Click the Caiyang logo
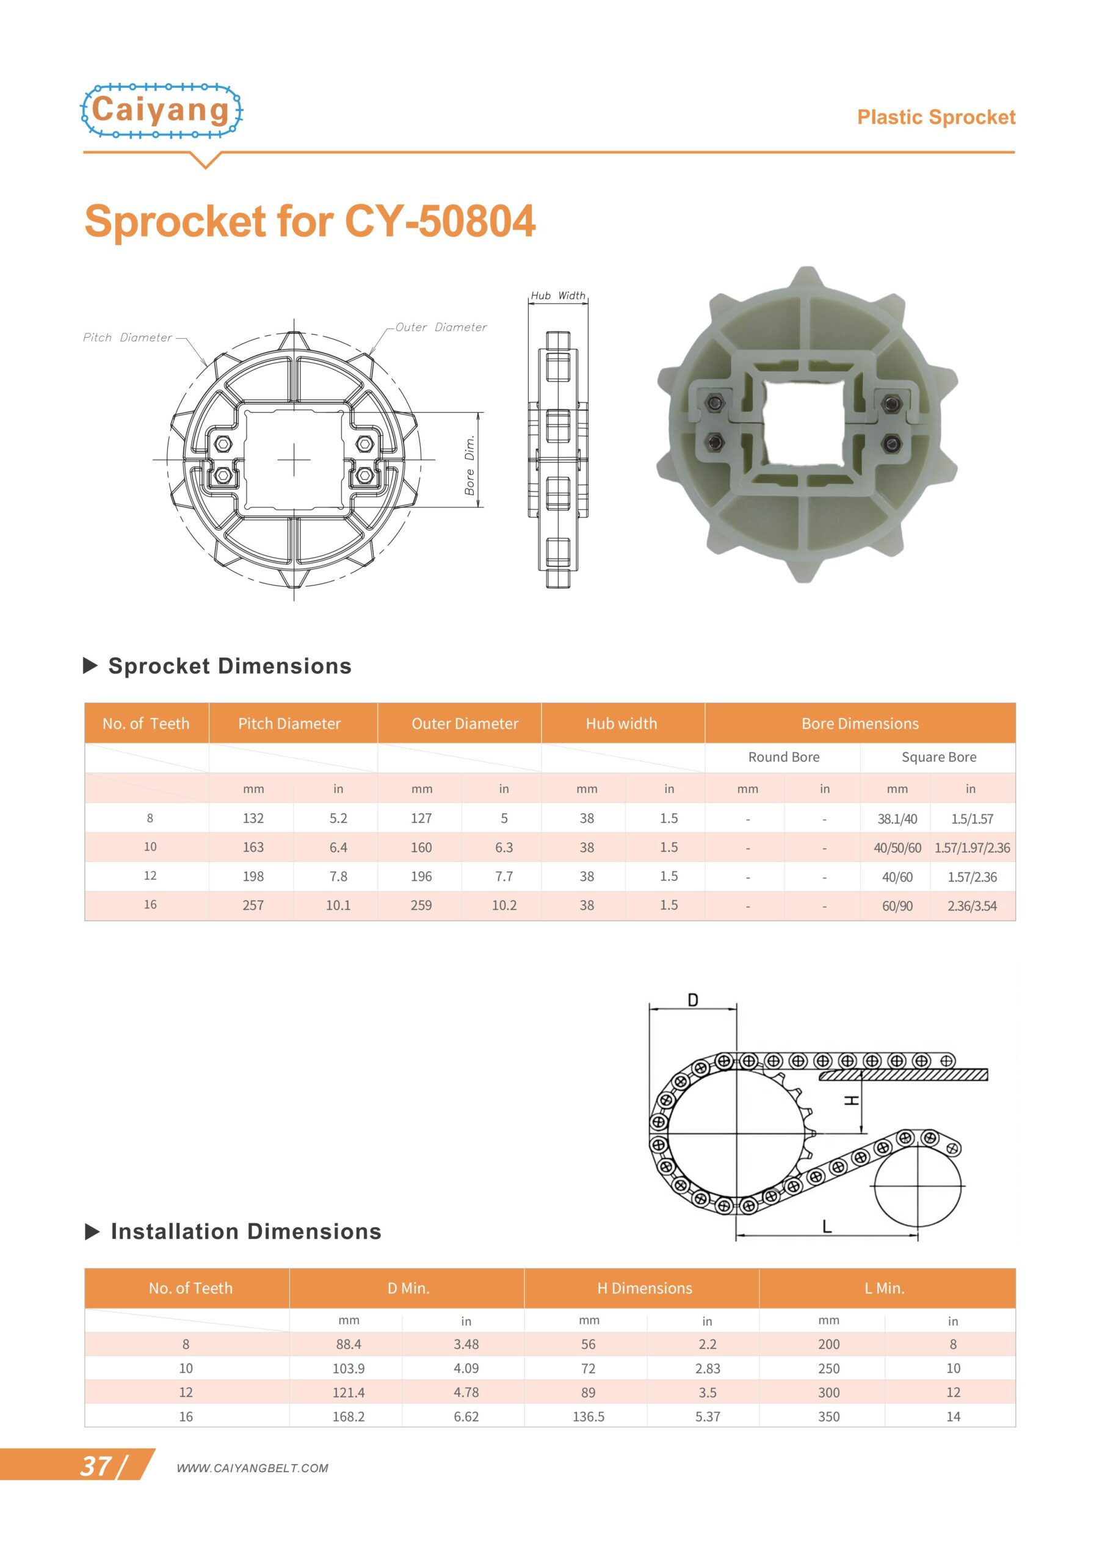pyautogui.click(x=161, y=111)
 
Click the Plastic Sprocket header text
pyautogui.click(x=935, y=117)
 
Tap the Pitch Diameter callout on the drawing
pyautogui.click(x=128, y=338)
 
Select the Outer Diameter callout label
pyautogui.click(x=441, y=327)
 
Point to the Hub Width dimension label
pyautogui.click(x=557, y=296)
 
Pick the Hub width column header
pyautogui.click(x=621, y=723)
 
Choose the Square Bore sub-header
pyautogui.click(x=938, y=757)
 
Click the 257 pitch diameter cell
pyautogui.click(x=253, y=905)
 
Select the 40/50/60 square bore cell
pyautogui.click(x=897, y=847)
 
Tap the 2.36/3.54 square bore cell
pyautogui.click(x=971, y=905)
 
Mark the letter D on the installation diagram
pyautogui.click(x=692, y=1000)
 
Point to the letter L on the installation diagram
pyautogui.click(x=827, y=1227)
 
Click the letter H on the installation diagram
pyautogui.click(x=852, y=1101)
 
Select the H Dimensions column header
pyautogui.click(x=644, y=1288)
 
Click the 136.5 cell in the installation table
pyautogui.click(x=589, y=1416)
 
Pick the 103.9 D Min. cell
pyautogui.click(x=348, y=1368)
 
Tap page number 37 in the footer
pyautogui.click(x=96, y=1467)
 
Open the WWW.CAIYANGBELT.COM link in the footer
pyautogui.click(x=252, y=1468)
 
